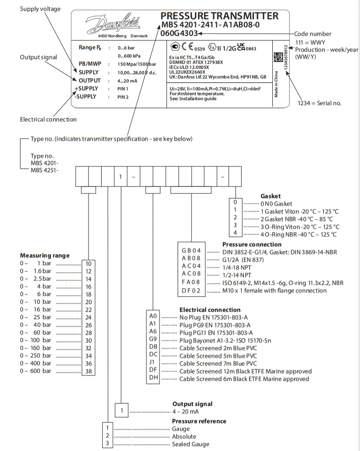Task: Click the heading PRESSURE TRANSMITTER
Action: point(219,16)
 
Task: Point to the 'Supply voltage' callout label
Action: point(40,9)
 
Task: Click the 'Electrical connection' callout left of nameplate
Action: point(48,119)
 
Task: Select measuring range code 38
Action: point(89,371)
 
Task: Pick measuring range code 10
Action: point(89,264)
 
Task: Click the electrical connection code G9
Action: point(153,340)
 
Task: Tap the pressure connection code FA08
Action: point(191,282)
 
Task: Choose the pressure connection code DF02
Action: point(191,290)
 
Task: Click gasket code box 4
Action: point(235,232)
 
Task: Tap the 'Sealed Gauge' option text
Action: point(191,444)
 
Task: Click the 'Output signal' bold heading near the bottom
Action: point(192,404)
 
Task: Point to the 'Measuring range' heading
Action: point(45,255)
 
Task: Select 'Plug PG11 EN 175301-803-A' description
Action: point(216,333)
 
